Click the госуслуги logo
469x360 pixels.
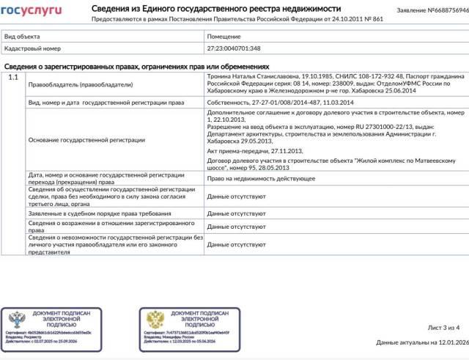point(32,10)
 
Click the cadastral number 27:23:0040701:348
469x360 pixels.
point(232,48)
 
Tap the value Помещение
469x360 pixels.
point(224,35)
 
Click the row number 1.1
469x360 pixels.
point(12,77)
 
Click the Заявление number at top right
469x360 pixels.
point(433,11)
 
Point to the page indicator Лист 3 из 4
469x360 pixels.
point(443,328)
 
